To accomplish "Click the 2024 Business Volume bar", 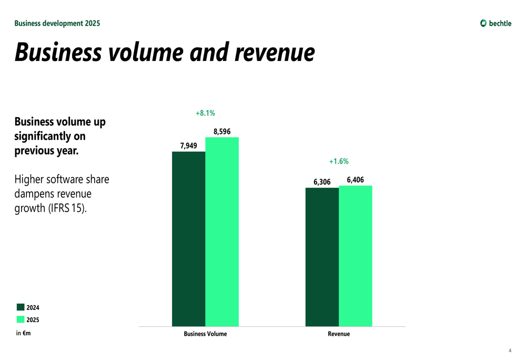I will click(188, 239).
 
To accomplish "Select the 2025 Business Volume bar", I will click(222, 232).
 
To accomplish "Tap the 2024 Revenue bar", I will click(322, 257).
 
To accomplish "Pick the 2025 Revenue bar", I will click(356, 256).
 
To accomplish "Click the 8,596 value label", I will click(222, 131).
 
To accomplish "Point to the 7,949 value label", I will click(188, 146).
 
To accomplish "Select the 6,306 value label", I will click(322, 182).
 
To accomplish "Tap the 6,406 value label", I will click(355, 180).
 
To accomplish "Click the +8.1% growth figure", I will click(205, 113).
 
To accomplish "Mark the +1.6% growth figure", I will click(339, 161).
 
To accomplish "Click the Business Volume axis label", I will click(205, 334).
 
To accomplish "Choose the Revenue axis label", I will click(339, 334).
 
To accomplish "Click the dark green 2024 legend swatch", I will click(21, 307).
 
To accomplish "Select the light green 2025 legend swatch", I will click(21, 320).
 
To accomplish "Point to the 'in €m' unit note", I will click(23, 333).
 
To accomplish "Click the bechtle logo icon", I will click(483, 23).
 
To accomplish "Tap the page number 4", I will click(510, 351).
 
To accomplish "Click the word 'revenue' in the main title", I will click(275, 53).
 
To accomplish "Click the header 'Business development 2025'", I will click(57, 23).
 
